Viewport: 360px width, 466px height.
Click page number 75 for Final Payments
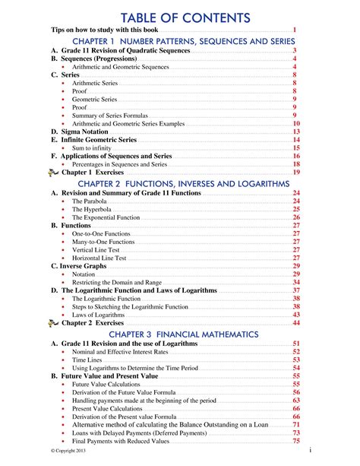pyautogui.click(x=296, y=442)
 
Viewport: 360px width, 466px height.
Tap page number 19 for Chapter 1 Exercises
pyautogui.click(x=296, y=173)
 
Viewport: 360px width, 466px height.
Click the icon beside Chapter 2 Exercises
pyautogui.click(x=53, y=323)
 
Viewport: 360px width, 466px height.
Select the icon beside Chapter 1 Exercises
pyautogui.click(x=53, y=173)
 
